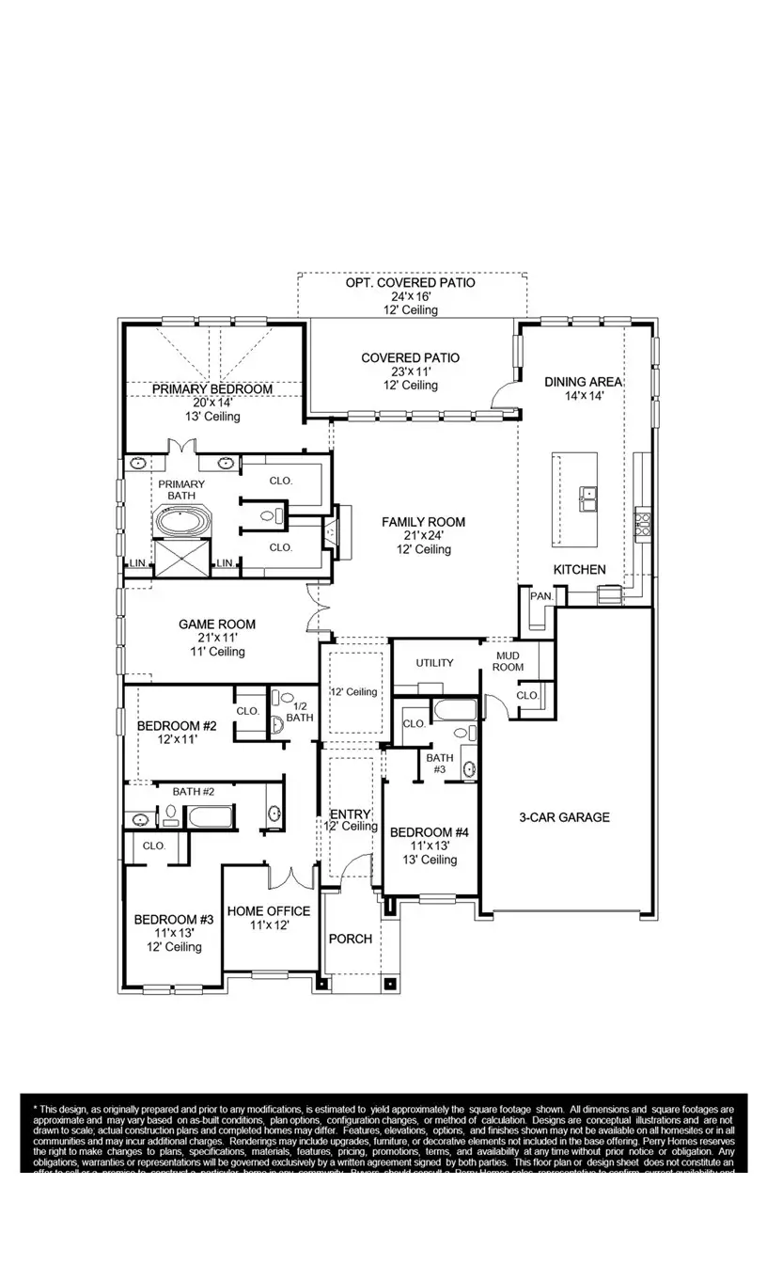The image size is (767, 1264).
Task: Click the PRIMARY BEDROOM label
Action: coord(212,388)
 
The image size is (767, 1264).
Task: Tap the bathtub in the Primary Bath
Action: coord(184,521)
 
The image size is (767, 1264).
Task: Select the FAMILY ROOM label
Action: coord(422,522)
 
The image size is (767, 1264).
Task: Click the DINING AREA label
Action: coord(583,382)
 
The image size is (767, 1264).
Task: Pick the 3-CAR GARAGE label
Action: coord(564,817)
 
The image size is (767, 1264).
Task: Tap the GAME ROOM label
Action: coord(217,624)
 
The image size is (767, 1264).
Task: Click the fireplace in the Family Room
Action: coord(332,532)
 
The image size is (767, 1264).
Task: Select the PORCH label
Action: coord(350,939)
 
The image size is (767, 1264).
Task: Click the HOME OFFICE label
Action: coord(268,911)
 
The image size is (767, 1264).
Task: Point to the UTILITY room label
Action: coord(434,663)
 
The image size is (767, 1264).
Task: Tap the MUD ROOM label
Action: coord(509,661)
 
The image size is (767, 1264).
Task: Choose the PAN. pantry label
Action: coord(540,596)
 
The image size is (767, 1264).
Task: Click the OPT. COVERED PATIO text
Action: coord(410,282)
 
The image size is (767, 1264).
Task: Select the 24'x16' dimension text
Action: coord(410,296)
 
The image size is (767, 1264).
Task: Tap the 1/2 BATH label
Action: coord(299,712)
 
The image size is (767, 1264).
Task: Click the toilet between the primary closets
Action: coord(267,514)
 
